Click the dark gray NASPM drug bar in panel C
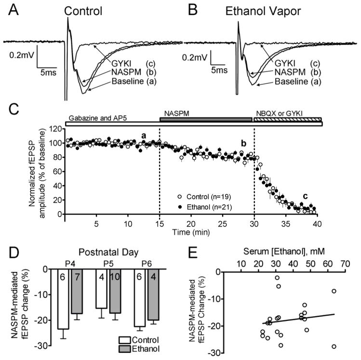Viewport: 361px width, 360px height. [206, 119]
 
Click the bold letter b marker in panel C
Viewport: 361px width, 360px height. [244, 143]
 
